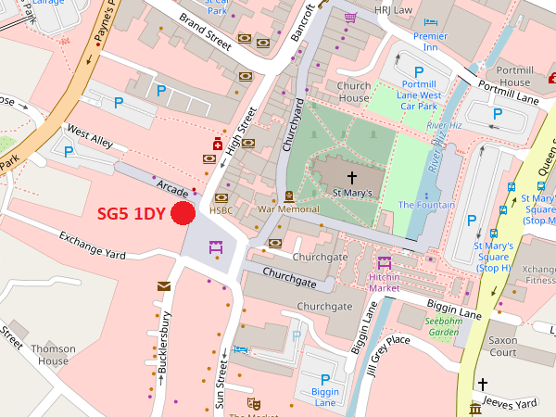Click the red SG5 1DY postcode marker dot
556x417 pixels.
coord(183,213)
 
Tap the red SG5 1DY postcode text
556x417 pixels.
coord(132,213)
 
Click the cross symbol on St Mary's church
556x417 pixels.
coord(352,175)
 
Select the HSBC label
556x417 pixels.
coord(221,210)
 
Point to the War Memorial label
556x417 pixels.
coord(288,209)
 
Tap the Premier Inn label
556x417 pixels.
coord(430,42)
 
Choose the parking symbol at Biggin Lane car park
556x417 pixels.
coord(325,379)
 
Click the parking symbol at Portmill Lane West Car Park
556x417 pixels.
coord(419,72)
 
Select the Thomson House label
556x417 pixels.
coord(53,355)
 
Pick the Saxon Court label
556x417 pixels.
coord(502,346)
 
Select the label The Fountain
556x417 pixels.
coord(426,205)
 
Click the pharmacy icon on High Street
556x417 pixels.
coord(218,144)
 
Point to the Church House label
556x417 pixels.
coord(354,92)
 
